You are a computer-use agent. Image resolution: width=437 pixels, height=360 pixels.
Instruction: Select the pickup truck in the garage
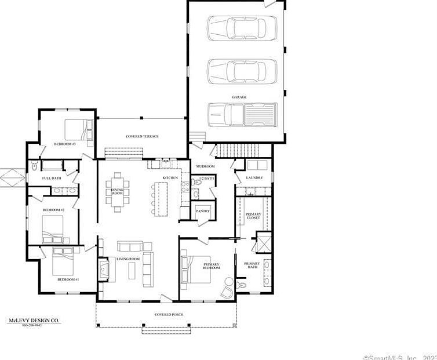[x=242, y=114]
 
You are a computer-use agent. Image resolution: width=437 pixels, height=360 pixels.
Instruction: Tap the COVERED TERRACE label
[x=142, y=136]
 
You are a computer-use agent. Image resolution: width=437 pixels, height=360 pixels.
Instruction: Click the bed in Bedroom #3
[x=78, y=130]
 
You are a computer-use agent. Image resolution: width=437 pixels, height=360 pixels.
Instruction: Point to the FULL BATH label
[x=52, y=178]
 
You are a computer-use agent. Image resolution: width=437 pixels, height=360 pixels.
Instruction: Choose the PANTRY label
[x=202, y=211]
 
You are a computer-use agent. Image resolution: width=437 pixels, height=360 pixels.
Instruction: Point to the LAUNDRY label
[x=254, y=177]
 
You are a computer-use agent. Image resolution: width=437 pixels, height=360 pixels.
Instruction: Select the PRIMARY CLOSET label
[x=253, y=216]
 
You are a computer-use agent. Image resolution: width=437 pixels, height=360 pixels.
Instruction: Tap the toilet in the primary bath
[x=242, y=285]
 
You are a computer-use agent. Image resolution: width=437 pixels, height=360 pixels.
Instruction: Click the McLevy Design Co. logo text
[x=33, y=319]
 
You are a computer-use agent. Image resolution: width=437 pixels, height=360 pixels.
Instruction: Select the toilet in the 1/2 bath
[x=198, y=183]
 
